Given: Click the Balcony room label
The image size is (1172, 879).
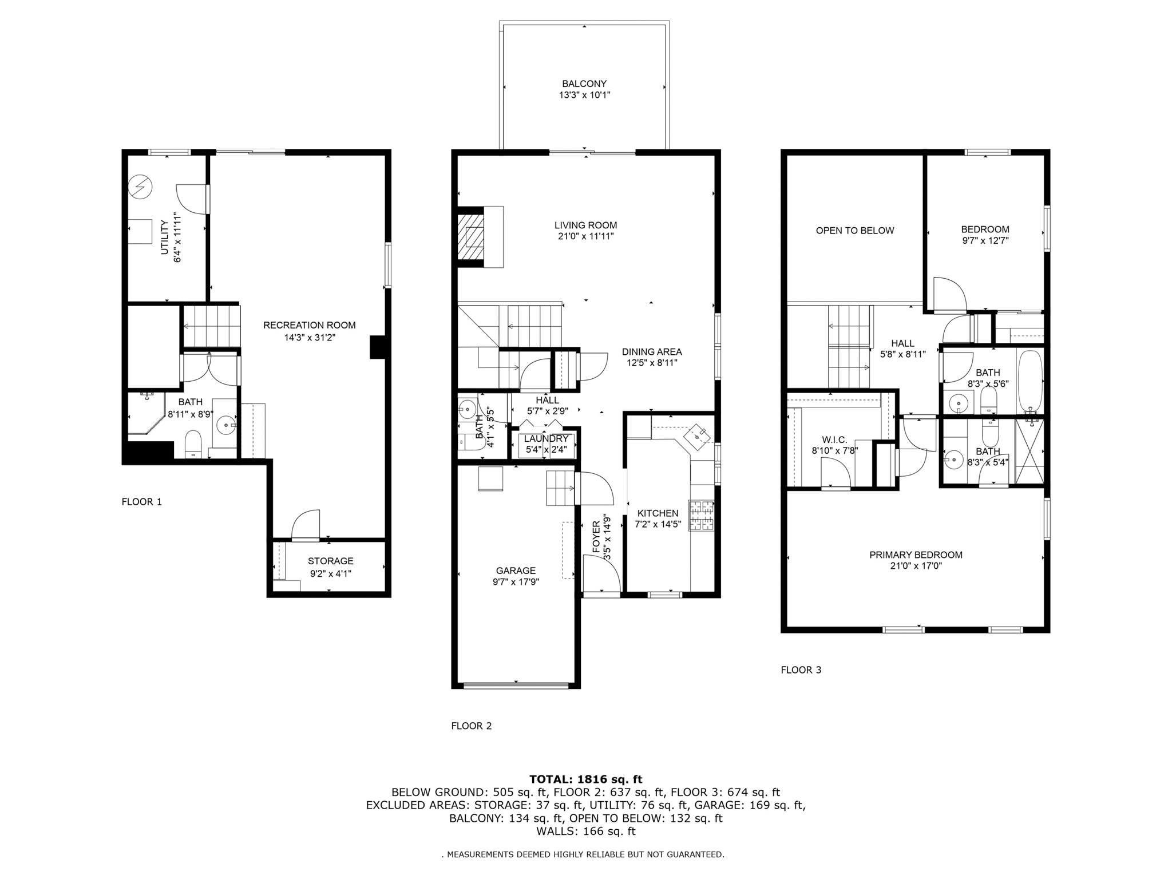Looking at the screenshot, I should pos(584,84).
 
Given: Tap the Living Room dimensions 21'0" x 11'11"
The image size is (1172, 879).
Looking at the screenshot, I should pos(585,236).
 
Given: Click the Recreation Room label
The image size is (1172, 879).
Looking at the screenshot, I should pos(309,325).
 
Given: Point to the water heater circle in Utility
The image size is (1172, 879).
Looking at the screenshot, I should pos(140,187).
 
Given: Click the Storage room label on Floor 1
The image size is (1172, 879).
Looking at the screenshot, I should pos(330,561).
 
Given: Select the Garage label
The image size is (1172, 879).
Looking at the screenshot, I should pos(516,571).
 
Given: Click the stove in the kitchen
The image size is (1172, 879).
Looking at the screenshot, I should pos(702,515).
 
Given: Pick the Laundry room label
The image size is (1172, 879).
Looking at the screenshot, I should pos(546,438).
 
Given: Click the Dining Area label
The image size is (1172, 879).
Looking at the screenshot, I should pos(652,352).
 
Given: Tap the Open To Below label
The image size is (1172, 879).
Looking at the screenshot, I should pos(854,231).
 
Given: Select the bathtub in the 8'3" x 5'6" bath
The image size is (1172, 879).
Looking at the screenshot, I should pos(1031,381).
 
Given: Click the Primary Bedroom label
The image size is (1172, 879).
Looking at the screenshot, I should pos(916,555).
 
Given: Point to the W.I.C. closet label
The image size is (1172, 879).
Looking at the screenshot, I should pos(834,439).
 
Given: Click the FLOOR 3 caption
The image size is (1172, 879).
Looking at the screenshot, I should pos(801,670).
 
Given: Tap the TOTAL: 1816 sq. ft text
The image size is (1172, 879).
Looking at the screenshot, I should pos(585,779).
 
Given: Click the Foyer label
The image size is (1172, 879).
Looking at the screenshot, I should pos(596,537).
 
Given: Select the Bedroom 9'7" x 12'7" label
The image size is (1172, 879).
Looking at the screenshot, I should pos(985,229).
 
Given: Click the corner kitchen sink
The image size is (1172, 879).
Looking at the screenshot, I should pos(698,436).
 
